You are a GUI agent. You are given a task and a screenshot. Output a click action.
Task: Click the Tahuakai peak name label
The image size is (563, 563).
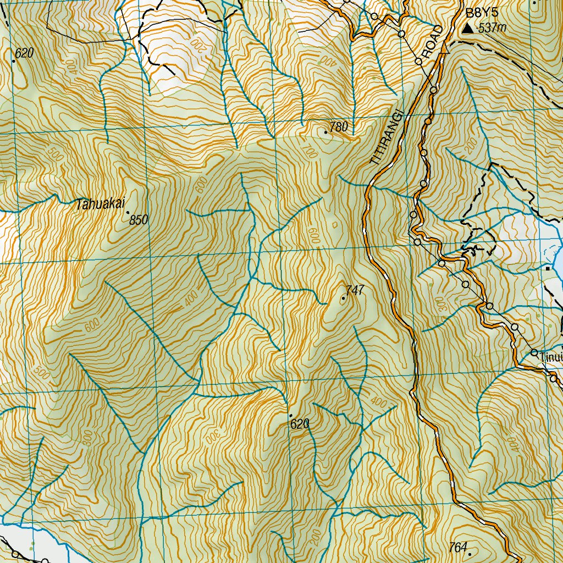pos(98,205)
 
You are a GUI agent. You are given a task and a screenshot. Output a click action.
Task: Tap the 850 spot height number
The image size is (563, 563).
pos(139,220)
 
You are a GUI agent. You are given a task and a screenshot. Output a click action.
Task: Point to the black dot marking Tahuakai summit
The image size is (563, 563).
pos(128,212)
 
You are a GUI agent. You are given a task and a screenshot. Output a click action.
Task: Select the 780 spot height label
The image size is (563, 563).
pos(339,127)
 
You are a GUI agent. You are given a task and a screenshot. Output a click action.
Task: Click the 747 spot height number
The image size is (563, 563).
pos(356,290)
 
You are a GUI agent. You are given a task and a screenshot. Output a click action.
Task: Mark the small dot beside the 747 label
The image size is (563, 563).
pos(344,298)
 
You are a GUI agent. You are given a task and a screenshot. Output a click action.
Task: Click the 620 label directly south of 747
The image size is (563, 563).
pos(300,424)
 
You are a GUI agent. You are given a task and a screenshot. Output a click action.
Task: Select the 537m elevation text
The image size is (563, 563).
pos(492,28)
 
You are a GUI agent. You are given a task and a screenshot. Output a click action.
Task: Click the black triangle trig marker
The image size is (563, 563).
pos(467,28)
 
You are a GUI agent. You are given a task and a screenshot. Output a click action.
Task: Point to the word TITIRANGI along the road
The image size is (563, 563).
pos(387,137)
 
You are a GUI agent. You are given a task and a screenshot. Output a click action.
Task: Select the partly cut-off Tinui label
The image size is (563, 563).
pos(551,357)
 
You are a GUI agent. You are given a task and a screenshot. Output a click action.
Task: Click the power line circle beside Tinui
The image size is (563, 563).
pos(534,352)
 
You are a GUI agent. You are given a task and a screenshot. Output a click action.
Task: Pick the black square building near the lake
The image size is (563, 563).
pos(548,268)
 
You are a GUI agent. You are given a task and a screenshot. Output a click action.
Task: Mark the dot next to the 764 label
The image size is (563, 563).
pos(470,548)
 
